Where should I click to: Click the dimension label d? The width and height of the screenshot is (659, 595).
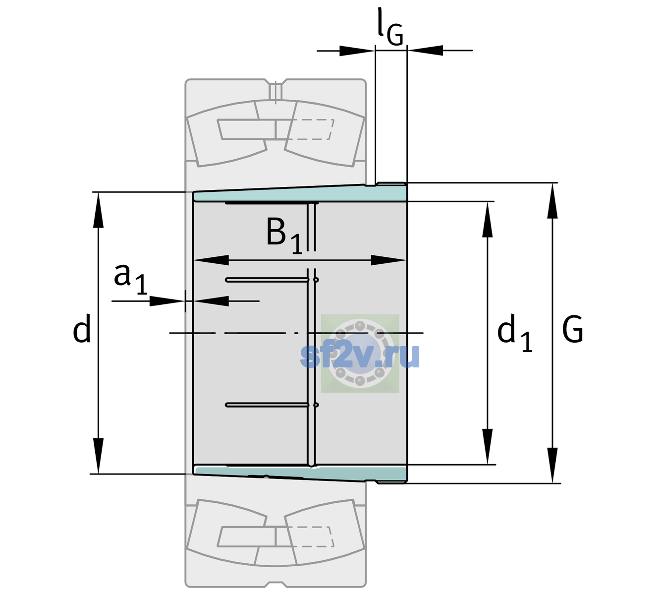coord(81,328)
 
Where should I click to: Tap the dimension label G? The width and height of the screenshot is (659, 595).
coord(573,329)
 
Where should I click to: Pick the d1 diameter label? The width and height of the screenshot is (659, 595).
coord(514,332)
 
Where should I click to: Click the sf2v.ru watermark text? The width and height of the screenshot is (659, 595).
coord(360,356)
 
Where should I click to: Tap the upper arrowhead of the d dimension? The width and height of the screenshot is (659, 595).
coord(98,210)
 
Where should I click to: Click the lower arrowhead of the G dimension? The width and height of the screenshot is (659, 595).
coord(552,465)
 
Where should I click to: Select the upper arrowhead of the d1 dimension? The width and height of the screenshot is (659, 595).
coord(487,219)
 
